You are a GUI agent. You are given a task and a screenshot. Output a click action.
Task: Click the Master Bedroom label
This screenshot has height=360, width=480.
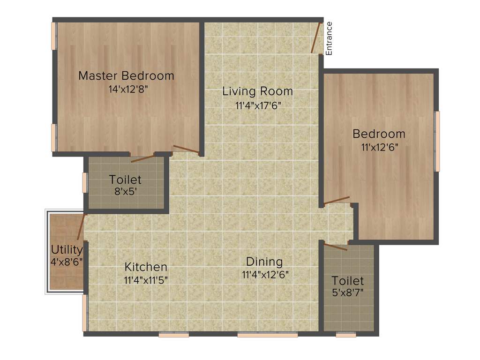(126, 75)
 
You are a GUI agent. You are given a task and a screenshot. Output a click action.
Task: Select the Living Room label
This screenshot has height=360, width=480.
(257, 91)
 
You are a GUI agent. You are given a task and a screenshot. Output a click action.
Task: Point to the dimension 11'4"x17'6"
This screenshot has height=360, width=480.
(257, 105)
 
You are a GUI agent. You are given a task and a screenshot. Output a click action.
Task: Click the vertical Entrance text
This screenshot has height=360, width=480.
(329, 38)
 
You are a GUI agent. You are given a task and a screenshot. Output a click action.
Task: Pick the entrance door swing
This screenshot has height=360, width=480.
(316, 37)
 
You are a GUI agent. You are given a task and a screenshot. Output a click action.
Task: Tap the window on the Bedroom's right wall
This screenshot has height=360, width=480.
(437, 141)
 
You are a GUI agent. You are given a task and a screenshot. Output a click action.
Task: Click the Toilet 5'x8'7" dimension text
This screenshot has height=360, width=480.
(348, 293)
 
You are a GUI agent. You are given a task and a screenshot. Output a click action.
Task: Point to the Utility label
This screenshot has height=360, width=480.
(67, 249)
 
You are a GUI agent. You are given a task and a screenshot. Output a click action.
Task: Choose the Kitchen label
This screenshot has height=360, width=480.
(146, 267)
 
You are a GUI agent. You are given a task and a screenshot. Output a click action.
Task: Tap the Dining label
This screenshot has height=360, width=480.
(265, 262)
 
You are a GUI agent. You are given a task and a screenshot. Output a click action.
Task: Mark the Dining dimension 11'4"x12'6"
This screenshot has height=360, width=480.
(265, 275)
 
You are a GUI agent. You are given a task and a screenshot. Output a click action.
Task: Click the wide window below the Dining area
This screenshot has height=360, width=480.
(267, 335)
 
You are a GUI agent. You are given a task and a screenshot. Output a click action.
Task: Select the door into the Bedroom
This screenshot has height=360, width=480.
(337, 200)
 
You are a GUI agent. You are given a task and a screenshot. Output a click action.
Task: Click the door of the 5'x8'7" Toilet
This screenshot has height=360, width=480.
(335, 247)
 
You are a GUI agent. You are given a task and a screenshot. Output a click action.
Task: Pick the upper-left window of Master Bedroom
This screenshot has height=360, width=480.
(54, 36)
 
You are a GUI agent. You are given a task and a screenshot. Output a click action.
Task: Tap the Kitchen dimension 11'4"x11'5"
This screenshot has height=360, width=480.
(146, 280)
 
